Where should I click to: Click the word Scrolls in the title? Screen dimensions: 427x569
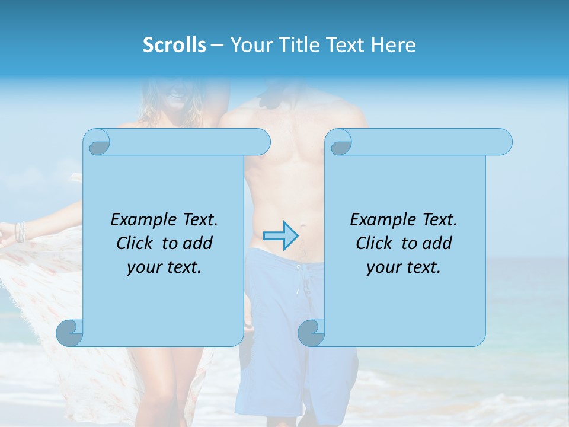tap(174, 45)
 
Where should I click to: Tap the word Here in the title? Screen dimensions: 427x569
tap(393, 45)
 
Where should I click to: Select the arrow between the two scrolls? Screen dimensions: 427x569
tap(280, 236)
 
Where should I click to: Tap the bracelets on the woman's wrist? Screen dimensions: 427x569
tap(21, 231)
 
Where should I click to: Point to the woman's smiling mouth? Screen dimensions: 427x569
tap(176, 95)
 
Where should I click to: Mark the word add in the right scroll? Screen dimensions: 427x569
tap(437, 243)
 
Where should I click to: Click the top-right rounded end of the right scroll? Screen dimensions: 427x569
tap(501, 142)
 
